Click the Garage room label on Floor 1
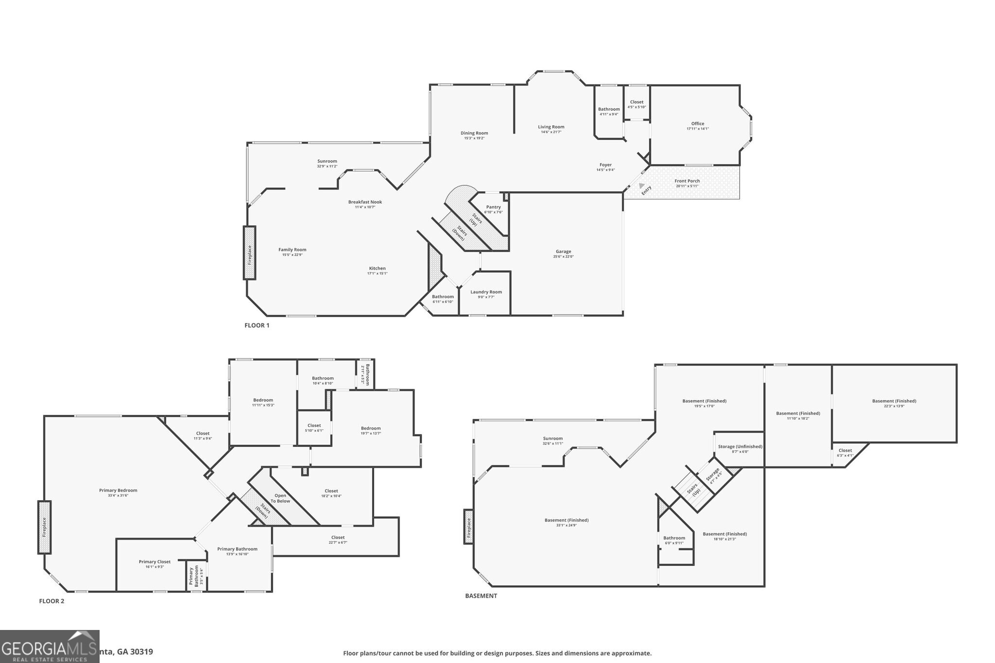563,252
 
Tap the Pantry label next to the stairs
493,207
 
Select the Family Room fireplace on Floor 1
249,253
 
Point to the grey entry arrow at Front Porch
642,186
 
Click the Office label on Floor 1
698,124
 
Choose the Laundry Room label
486,292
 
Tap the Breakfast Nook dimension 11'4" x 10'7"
365,207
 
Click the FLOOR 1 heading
257,325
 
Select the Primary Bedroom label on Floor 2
118,490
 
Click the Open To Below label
280,498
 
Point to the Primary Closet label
154,561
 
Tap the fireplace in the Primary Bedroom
44,527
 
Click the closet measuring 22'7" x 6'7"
338,540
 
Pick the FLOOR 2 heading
51,601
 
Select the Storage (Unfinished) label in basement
740,446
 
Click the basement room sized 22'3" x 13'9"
894,403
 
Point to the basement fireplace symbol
469,527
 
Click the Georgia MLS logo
50,646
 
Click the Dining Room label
474,133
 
